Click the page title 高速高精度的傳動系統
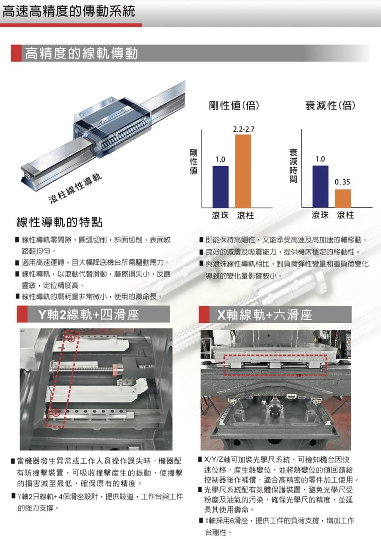(69, 11)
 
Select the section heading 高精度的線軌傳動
(81, 53)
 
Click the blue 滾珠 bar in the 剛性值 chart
(221, 187)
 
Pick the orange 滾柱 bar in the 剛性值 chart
(243, 171)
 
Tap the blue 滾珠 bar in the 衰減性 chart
(320, 187)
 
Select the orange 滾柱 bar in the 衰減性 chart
(343, 198)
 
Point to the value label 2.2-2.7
(243, 129)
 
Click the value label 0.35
(342, 182)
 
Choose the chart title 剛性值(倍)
(234, 105)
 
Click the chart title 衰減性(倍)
(330, 105)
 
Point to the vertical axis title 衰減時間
(293, 165)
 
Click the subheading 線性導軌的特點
(60, 222)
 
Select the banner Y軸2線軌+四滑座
(88, 314)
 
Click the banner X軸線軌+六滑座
(265, 315)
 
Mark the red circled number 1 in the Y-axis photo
(71, 338)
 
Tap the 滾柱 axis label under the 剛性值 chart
(246, 215)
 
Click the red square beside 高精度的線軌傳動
(17, 53)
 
